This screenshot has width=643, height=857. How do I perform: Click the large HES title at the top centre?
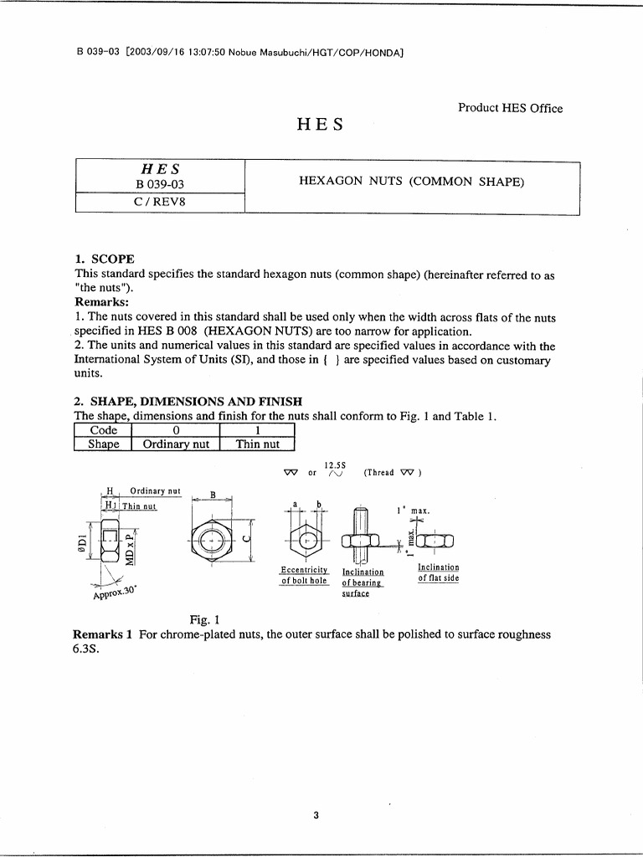(x=321, y=126)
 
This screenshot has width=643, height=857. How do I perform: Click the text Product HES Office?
(x=510, y=108)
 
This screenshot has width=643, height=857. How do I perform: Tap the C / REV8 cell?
(x=159, y=203)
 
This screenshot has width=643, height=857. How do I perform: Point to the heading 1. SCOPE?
(x=105, y=259)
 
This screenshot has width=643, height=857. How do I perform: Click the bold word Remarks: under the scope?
(x=102, y=301)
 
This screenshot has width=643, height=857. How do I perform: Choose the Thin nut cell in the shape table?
(x=257, y=444)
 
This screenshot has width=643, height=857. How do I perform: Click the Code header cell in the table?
(x=104, y=429)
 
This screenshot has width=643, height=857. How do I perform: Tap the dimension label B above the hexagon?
(x=213, y=495)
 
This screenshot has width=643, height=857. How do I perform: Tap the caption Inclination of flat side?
(x=438, y=572)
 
